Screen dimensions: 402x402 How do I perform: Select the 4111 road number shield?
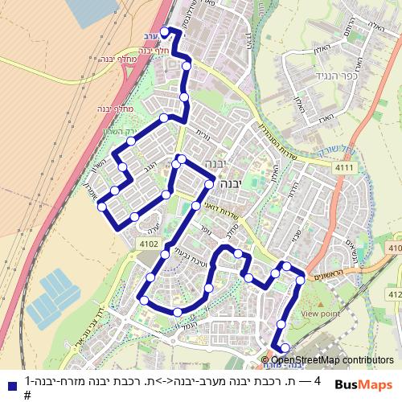point(345,166)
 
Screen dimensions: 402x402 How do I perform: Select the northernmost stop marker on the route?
point(165,31)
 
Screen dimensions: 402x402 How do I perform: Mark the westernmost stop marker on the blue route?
point(102,207)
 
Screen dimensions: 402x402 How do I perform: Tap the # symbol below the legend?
point(27,395)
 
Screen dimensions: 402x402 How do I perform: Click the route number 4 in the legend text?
point(317,381)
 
